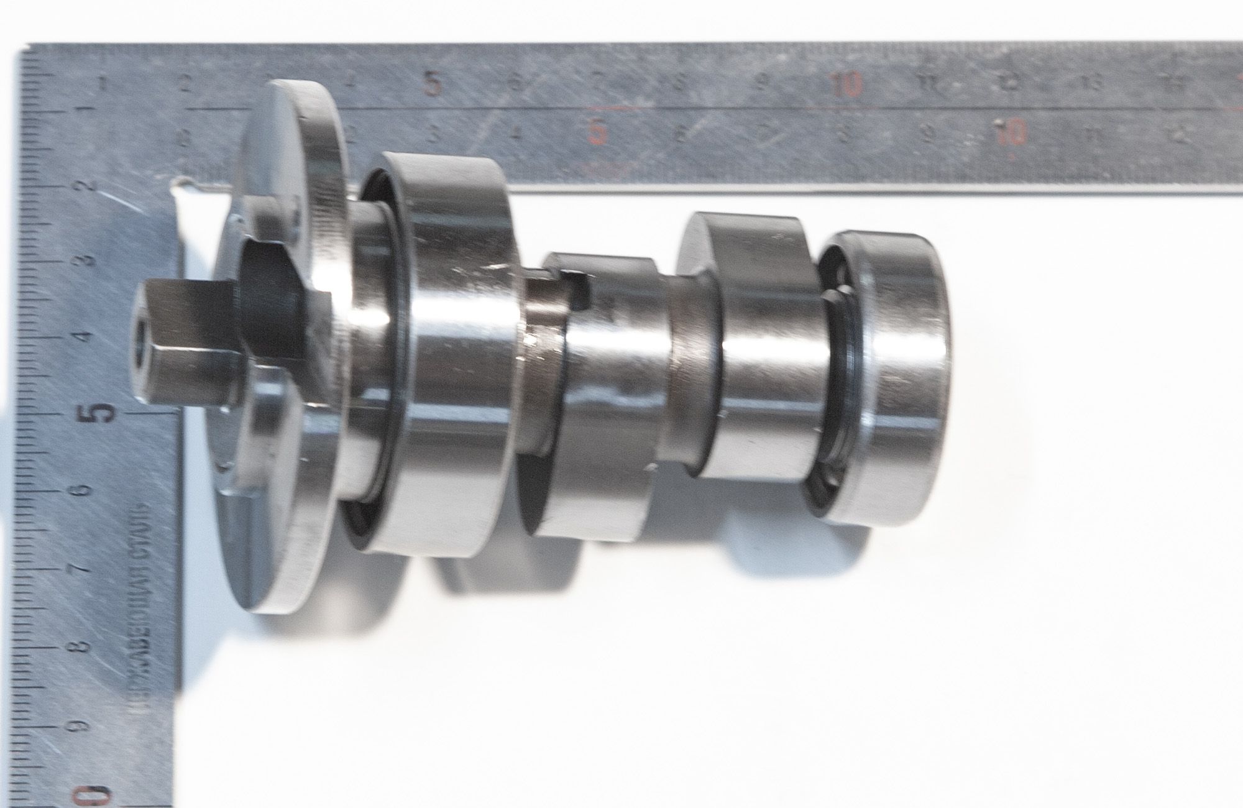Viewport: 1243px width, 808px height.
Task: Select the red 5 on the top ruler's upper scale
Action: pyautogui.click(x=433, y=83)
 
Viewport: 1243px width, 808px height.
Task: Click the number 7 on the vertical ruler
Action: pyautogui.click(x=81, y=569)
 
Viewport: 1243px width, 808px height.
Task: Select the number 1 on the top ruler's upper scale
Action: pyautogui.click(x=103, y=81)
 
